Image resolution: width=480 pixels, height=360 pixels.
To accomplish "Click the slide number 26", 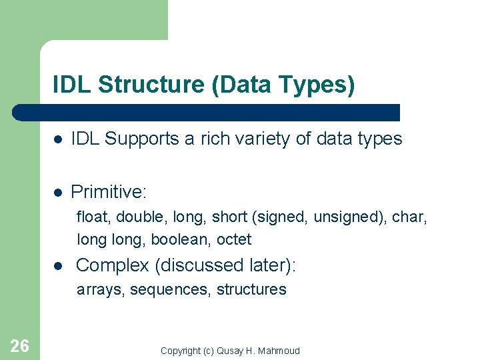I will click(x=20, y=345).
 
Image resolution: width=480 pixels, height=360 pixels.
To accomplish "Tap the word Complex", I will click(x=113, y=265).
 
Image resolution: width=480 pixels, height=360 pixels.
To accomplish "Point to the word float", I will click(x=91, y=217).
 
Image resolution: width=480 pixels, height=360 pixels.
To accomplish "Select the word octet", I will click(x=234, y=239).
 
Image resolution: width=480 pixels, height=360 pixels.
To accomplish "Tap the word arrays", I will click(x=101, y=289).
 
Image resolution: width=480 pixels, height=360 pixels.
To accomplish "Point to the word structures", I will click(x=251, y=289).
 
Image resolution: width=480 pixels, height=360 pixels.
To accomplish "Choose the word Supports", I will click(x=143, y=139).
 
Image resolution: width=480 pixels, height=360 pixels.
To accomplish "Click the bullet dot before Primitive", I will click(x=59, y=193).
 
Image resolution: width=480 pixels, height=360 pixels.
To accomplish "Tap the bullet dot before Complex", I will click(x=59, y=266).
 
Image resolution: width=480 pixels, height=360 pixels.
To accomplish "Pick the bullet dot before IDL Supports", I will click(x=59, y=139).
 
